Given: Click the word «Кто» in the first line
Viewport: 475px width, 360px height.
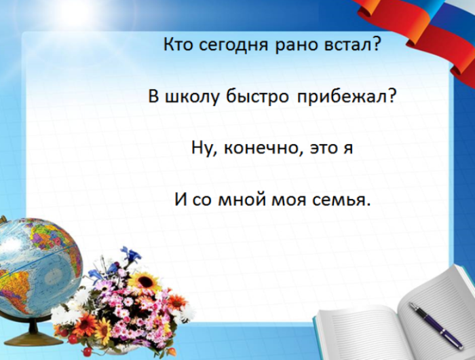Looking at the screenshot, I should click(178, 46).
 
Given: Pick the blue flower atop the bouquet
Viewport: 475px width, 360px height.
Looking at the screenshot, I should click(129, 255).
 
